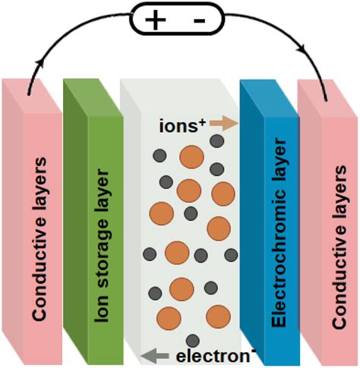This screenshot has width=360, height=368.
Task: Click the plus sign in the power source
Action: (x=154, y=21)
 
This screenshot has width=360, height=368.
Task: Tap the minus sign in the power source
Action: (x=199, y=21)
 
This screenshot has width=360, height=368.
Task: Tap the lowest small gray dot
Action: (x=193, y=340)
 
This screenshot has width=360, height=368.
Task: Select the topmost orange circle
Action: (x=191, y=157)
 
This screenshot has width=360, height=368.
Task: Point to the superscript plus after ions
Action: (x=203, y=117)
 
